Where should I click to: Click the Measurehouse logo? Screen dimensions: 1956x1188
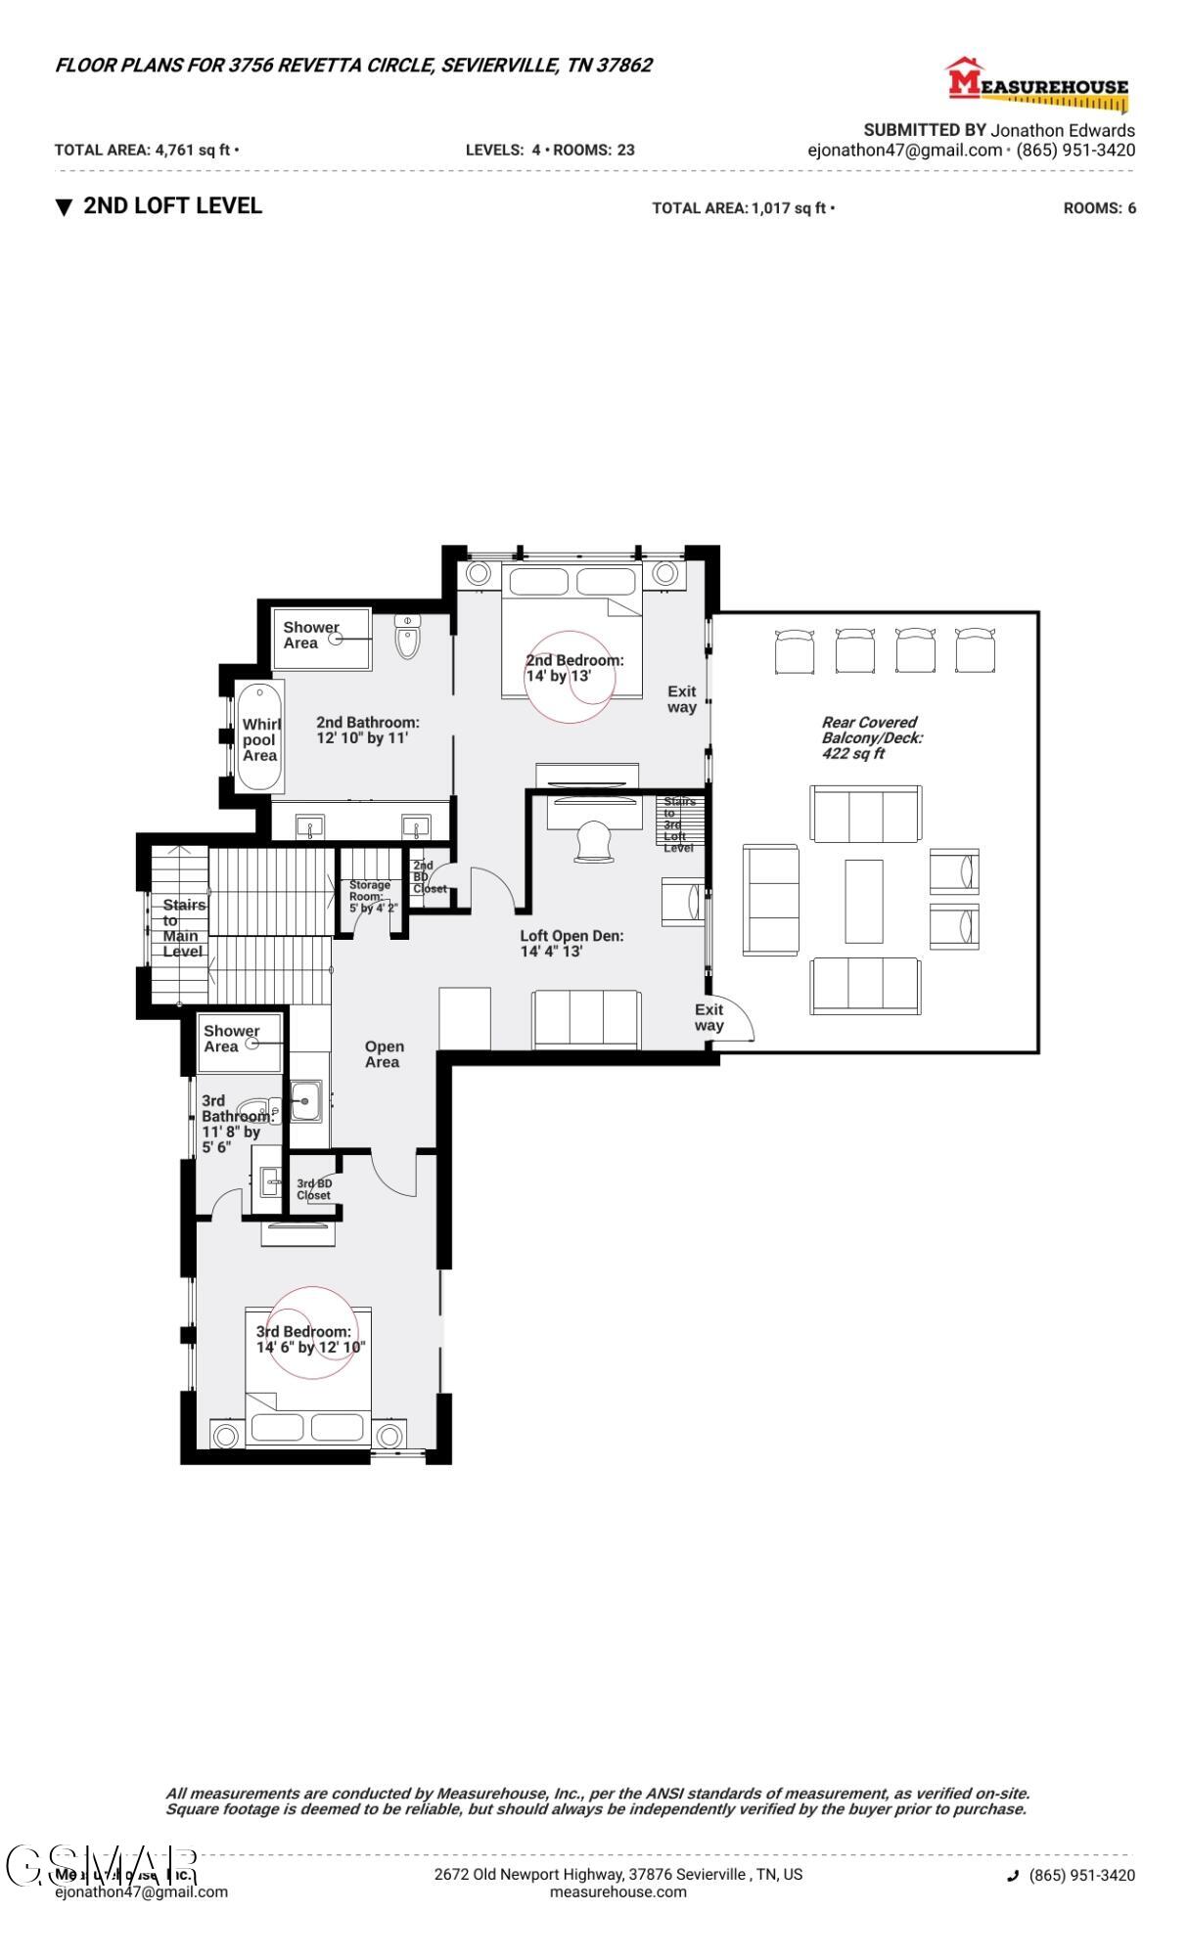pyautogui.click(x=1036, y=82)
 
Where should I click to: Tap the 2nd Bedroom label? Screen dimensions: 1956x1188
pyautogui.click(x=573, y=668)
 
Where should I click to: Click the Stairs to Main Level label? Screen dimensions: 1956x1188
pyautogui.click(x=183, y=927)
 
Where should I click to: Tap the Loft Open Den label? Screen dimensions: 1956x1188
pyautogui.click(x=571, y=943)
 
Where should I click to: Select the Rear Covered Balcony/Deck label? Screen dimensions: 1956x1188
pyautogui.click(x=870, y=737)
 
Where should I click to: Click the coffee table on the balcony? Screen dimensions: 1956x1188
pyautogui.click(x=863, y=901)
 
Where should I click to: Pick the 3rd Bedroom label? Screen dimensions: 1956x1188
pyautogui.click(x=309, y=1339)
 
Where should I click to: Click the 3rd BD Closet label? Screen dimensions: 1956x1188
pyautogui.click(x=314, y=1189)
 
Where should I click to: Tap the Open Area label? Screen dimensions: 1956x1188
pyautogui.click(x=383, y=1053)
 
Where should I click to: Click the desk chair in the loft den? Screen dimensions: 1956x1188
pyautogui.click(x=594, y=842)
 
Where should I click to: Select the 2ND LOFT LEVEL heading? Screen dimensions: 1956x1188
pyautogui.click(x=172, y=205)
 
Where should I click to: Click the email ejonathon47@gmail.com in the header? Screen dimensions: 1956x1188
pyautogui.click(x=904, y=151)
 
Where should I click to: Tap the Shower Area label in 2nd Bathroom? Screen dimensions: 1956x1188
pyautogui.click(x=310, y=635)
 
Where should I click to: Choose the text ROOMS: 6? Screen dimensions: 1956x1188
pyautogui.click(x=1099, y=208)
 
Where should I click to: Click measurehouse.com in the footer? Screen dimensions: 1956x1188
pyautogui.click(x=617, y=1891)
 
